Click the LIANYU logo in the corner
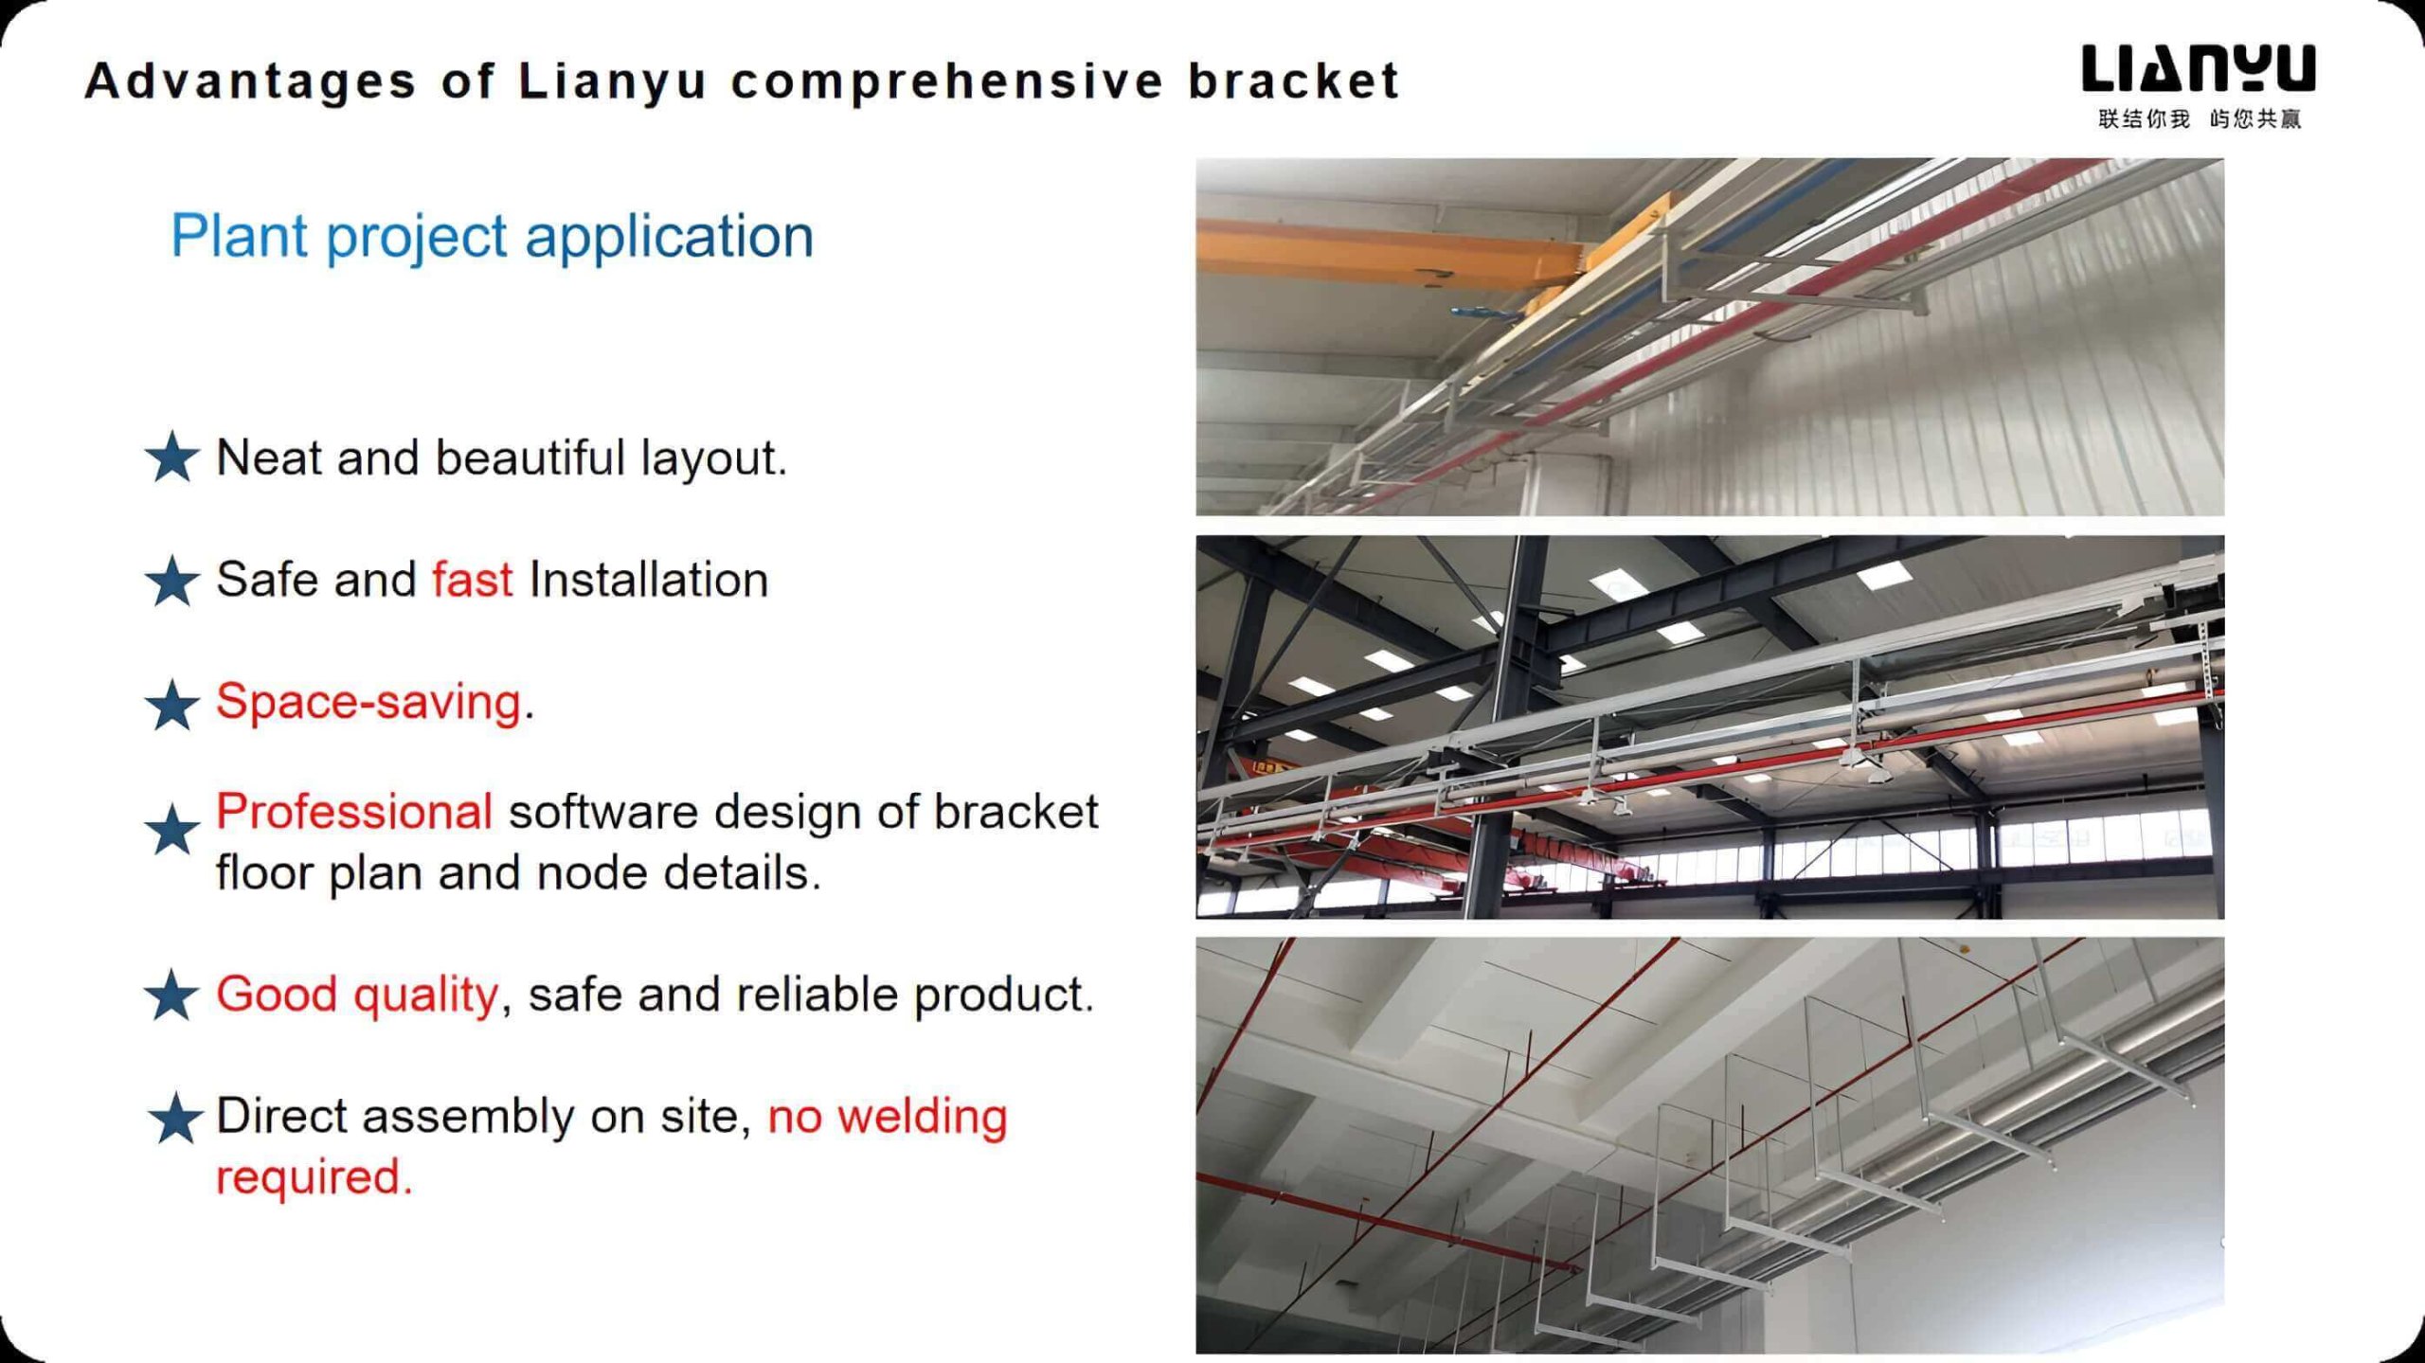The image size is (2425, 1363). click(2198, 68)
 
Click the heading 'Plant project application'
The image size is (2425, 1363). click(492, 237)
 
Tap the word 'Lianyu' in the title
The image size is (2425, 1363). click(613, 82)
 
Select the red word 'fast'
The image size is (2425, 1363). click(473, 579)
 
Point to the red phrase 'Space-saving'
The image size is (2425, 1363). click(368, 702)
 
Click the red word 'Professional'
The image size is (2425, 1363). click(354, 812)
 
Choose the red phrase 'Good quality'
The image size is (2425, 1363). click(357, 995)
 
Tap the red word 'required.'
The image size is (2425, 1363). click(314, 1177)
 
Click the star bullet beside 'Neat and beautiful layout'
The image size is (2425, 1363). click(172, 457)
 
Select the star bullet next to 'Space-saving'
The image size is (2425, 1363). click(172, 704)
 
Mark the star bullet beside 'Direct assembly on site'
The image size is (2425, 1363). click(175, 1118)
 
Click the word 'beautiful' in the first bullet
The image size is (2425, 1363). click(530, 457)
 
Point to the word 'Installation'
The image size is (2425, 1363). click(649, 579)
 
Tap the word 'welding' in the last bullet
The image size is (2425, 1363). click(923, 1116)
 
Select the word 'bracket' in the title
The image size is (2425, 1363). click(1294, 81)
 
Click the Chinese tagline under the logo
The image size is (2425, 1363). click(2200, 118)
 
